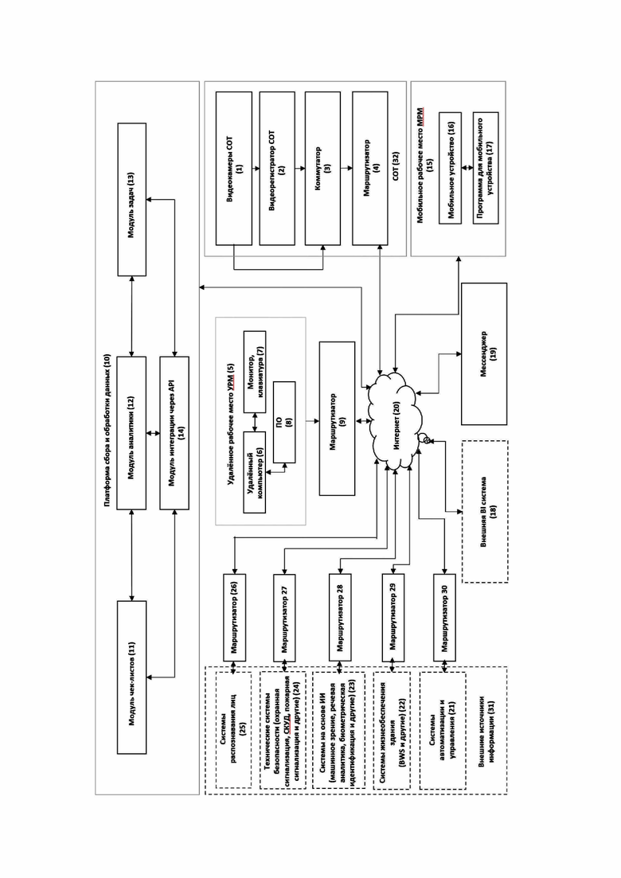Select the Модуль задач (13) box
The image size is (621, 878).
pos(131,199)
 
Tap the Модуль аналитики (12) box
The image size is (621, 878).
pos(131,433)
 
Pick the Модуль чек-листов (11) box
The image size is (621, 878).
pos(131,677)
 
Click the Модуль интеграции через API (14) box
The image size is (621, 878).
pos(174,433)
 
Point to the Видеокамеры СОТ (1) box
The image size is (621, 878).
pos(233,169)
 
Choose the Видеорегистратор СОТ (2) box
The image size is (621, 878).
pos(276,169)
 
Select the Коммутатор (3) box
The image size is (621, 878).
pos(322,169)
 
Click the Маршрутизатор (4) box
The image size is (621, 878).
pos(369,169)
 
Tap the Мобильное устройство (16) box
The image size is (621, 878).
pos(450,168)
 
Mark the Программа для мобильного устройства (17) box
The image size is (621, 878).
pos(486,168)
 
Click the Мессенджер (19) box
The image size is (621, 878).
pos(484,354)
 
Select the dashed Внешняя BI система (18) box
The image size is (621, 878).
pos(485,511)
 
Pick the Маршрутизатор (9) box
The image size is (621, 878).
pos(337,418)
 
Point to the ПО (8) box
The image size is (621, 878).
pos(284,422)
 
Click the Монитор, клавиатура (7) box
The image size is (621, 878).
pos(255,372)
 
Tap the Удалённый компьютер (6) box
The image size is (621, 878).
pos(255,472)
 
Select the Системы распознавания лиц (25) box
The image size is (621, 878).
pos(233,730)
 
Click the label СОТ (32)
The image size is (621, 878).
pos(396,166)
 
